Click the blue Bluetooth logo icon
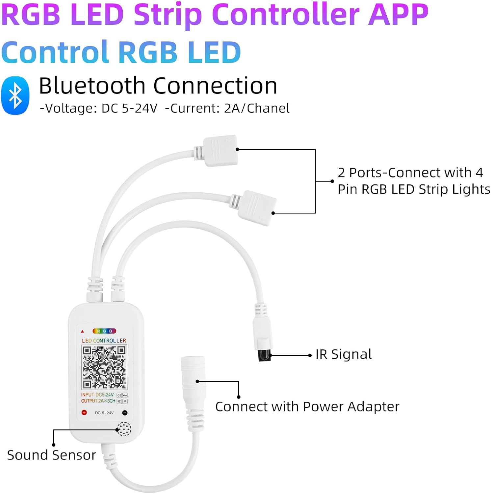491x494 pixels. [15, 96]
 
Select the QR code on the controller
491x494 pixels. [104, 367]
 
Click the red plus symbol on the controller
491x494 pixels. [84, 412]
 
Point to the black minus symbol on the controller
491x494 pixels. [125, 413]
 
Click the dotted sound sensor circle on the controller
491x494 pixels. [124, 429]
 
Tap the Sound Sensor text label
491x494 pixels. [51, 455]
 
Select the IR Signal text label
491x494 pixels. [344, 354]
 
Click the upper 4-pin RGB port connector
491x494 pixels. [220, 150]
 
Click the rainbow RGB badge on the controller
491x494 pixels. [104, 331]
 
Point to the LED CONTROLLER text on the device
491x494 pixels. [104, 341]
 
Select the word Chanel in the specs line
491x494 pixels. [268, 108]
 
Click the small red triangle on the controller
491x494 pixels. [82, 331]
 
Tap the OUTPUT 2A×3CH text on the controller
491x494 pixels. [98, 401]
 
